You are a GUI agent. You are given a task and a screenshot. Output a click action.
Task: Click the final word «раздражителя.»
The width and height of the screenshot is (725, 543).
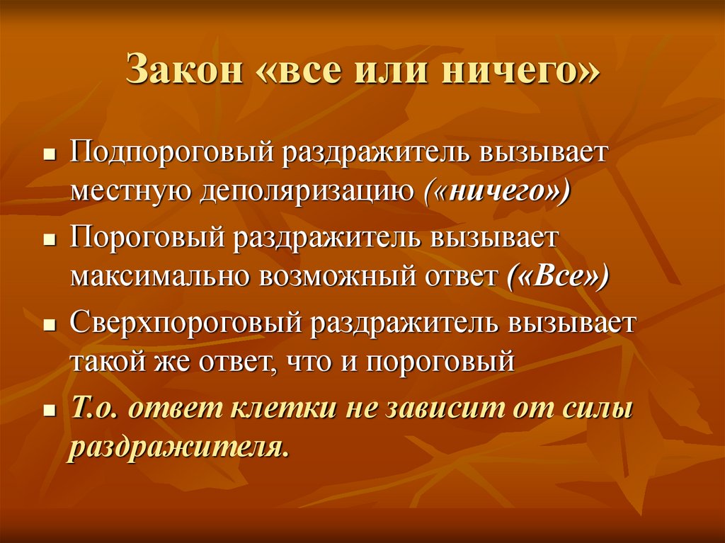pyautogui.click(x=179, y=449)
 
